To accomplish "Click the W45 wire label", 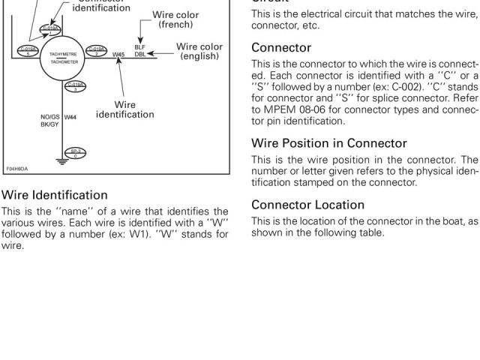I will (118, 54).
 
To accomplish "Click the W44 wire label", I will (70, 117).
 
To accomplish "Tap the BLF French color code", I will (139, 47).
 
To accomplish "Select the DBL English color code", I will (139, 55).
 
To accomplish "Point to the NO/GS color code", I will (49, 117).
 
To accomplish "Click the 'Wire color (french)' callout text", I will (177, 19).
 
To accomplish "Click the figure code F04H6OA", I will (18, 169).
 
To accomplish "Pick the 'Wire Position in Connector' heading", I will (328, 142).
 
